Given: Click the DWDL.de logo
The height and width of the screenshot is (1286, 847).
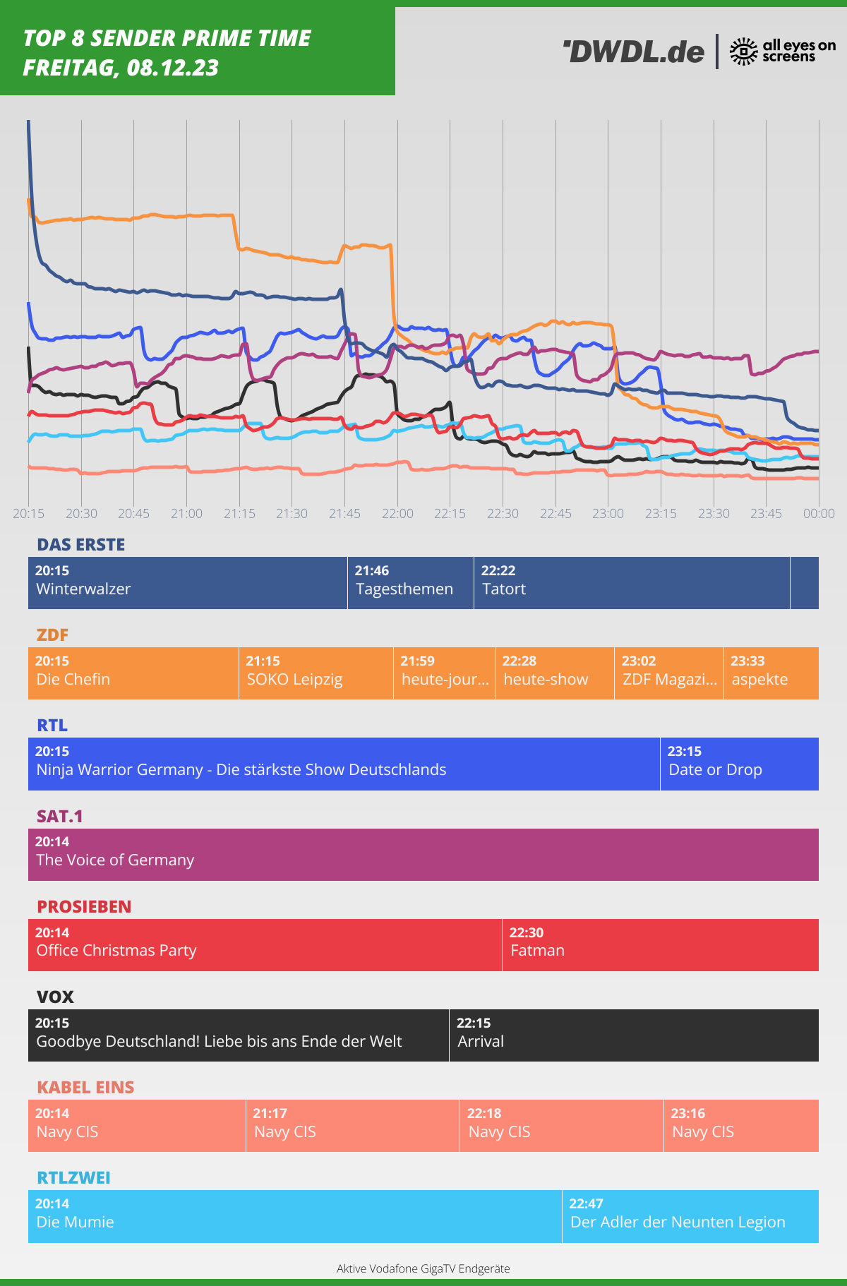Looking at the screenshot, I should click(634, 52).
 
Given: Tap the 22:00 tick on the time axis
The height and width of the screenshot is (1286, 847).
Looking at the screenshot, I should click(397, 513).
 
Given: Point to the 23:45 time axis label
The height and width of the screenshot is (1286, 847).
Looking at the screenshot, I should click(766, 513).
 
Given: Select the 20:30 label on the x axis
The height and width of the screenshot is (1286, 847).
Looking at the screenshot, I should click(81, 513).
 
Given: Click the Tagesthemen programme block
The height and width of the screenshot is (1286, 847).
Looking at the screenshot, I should click(410, 583).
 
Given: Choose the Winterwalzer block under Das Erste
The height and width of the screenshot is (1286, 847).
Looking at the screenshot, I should click(188, 583).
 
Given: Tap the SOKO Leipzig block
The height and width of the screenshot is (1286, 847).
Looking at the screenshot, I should click(316, 673).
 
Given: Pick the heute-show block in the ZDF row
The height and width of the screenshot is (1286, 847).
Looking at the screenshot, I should click(554, 673).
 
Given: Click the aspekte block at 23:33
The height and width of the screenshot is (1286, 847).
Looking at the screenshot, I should click(771, 673).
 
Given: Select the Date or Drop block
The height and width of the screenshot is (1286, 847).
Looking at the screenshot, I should click(739, 764).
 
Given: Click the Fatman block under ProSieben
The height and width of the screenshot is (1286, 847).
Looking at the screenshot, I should click(660, 945).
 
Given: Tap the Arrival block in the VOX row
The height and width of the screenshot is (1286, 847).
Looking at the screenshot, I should click(633, 1035).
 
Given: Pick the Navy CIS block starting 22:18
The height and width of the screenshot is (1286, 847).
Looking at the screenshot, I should click(561, 1126).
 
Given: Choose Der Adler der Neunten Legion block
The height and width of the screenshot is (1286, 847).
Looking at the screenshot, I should click(690, 1216).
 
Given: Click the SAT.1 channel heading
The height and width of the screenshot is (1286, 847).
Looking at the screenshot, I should click(60, 816).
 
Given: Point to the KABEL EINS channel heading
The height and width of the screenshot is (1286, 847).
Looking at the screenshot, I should click(85, 1087).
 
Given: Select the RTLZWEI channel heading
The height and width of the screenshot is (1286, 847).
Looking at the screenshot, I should click(73, 1177).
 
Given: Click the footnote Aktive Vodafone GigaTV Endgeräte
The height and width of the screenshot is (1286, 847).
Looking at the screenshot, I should click(423, 1268).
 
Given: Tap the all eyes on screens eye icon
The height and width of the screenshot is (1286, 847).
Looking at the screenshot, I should click(743, 52).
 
